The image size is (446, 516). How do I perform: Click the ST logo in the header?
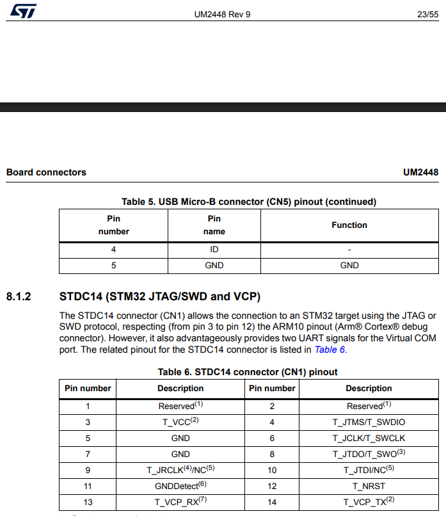click(x=23, y=11)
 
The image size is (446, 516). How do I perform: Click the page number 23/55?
click(x=428, y=14)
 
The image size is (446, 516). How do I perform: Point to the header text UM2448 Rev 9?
click(x=223, y=14)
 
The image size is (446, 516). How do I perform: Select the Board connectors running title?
click(x=46, y=172)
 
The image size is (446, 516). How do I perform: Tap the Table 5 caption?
click(x=249, y=202)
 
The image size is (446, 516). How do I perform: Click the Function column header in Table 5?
click(x=349, y=225)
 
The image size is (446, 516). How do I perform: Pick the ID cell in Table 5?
click(x=214, y=250)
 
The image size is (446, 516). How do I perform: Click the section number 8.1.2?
click(x=19, y=297)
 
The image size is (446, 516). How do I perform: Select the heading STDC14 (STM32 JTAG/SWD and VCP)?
click(x=160, y=297)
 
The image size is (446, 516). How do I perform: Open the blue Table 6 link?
click(x=329, y=350)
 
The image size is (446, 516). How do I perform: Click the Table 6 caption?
click(x=248, y=372)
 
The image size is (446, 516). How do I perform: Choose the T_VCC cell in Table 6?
click(x=180, y=422)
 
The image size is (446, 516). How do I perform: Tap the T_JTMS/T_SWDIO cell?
click(x=369, y=422)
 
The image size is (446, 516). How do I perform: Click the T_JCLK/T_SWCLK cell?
click(x=369, y=439)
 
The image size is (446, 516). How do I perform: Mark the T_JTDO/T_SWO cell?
click(x=369, y=454)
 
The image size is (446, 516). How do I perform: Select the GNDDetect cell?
click(x=180, y=486)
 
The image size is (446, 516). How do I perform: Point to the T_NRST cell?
click(x=369, y=487)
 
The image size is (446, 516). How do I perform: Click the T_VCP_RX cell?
click(x=180, y=502)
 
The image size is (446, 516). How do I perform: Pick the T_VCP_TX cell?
click(x=369, y=502)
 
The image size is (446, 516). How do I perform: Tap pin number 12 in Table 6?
click(x=272, y=487)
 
